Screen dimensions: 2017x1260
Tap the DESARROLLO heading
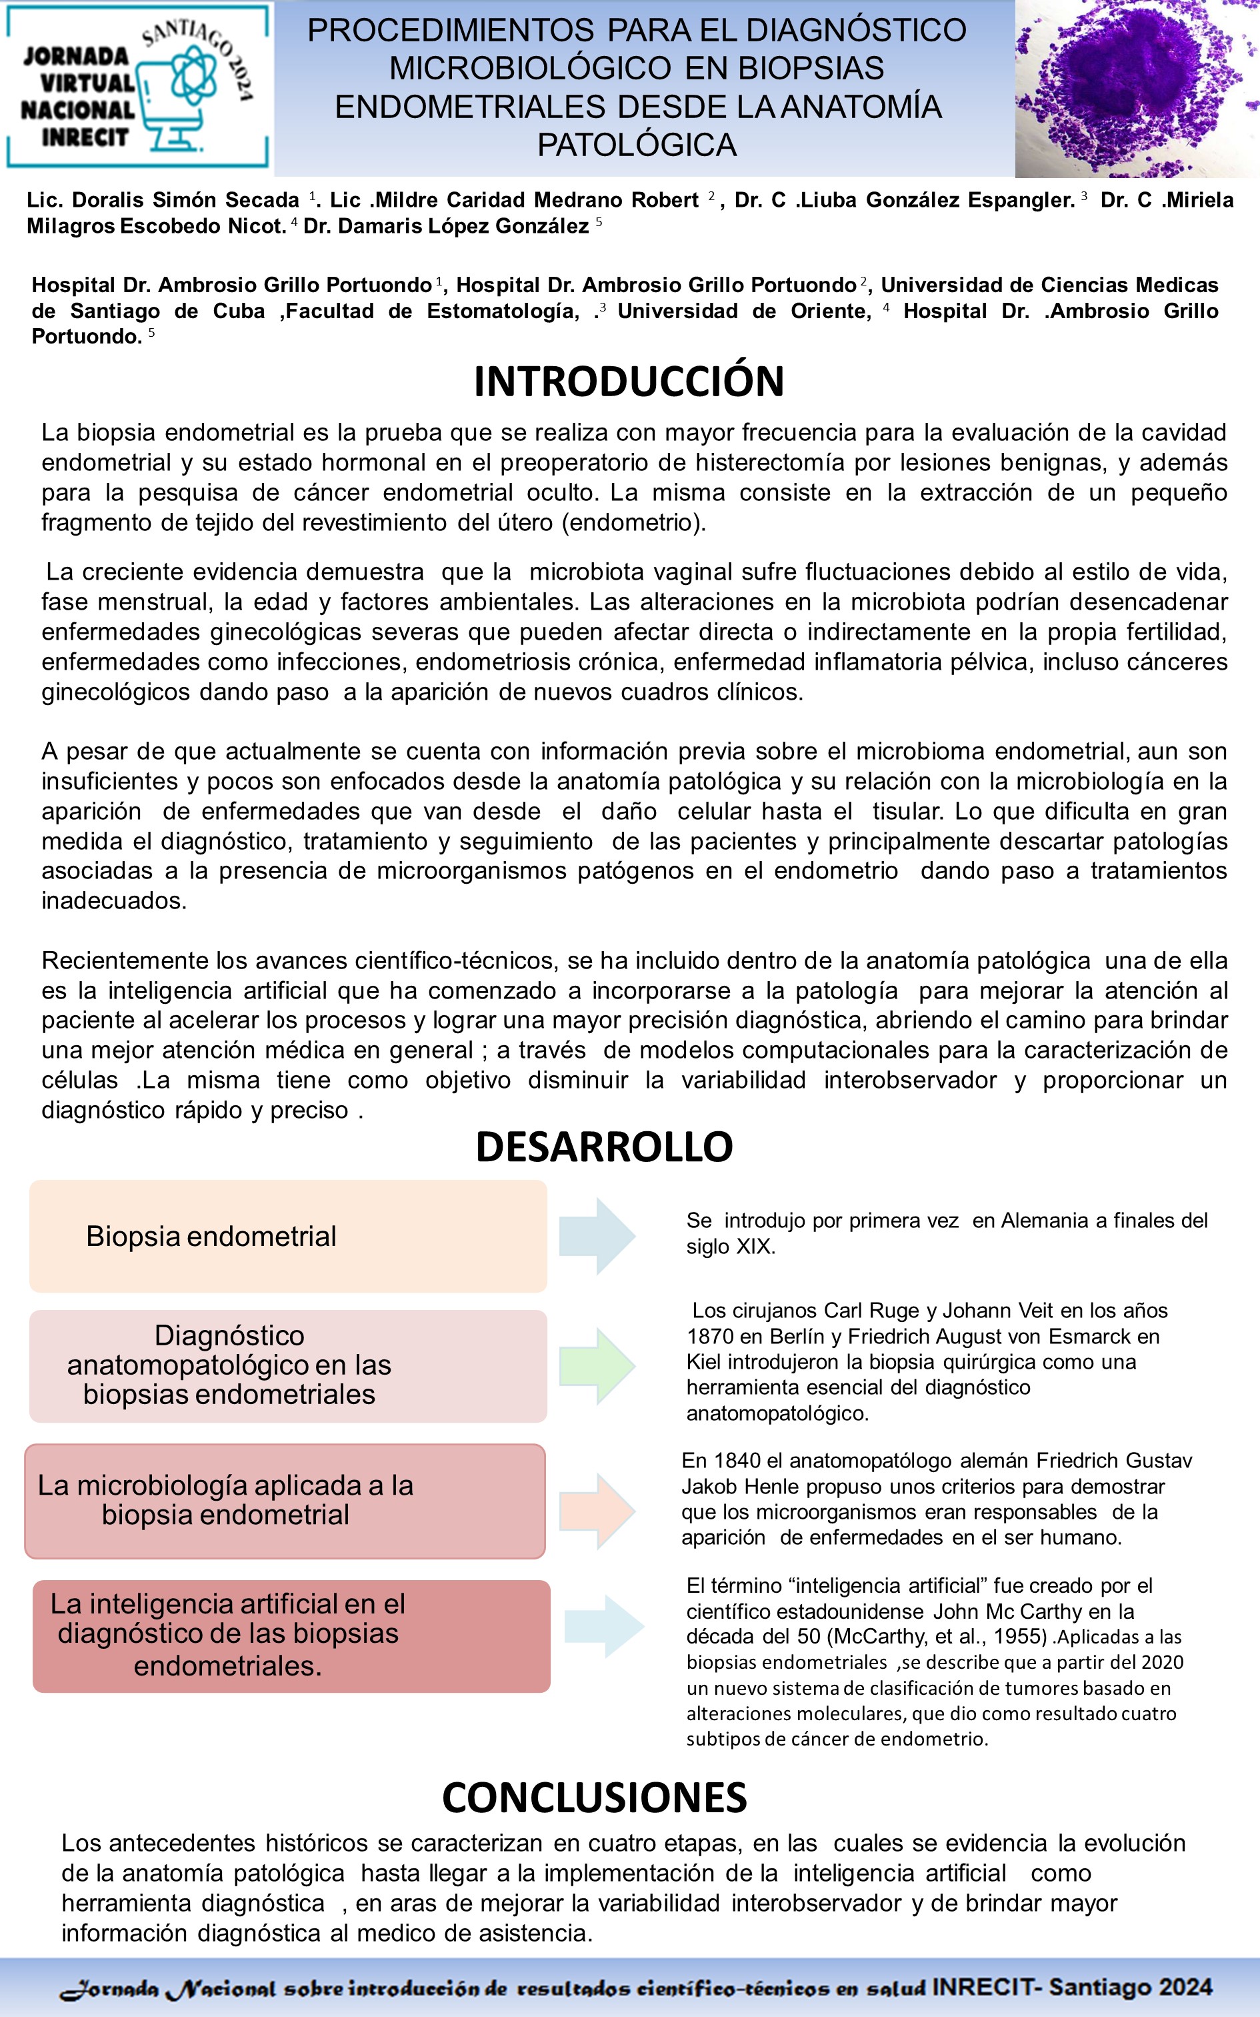[x=603, y=1147]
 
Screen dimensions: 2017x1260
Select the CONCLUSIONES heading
[x=594, y=1798]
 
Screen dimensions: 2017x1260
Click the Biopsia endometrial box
[x=287, y=1236]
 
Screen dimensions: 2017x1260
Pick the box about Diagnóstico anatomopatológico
[x=287, y=1365]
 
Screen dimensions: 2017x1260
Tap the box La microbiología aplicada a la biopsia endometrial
[x=285, y=1500]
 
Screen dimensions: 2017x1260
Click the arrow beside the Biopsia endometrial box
[x=597, y=1236]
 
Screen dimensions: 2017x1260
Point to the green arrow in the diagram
[x=597, y=1366]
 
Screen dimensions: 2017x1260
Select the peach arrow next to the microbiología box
[x=597, y=1510]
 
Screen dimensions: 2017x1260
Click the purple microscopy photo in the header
[x=1137, y=88]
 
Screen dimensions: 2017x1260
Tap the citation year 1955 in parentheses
[x=1020, y=1636]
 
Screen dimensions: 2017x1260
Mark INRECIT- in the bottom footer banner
[x=987, y=1987]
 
